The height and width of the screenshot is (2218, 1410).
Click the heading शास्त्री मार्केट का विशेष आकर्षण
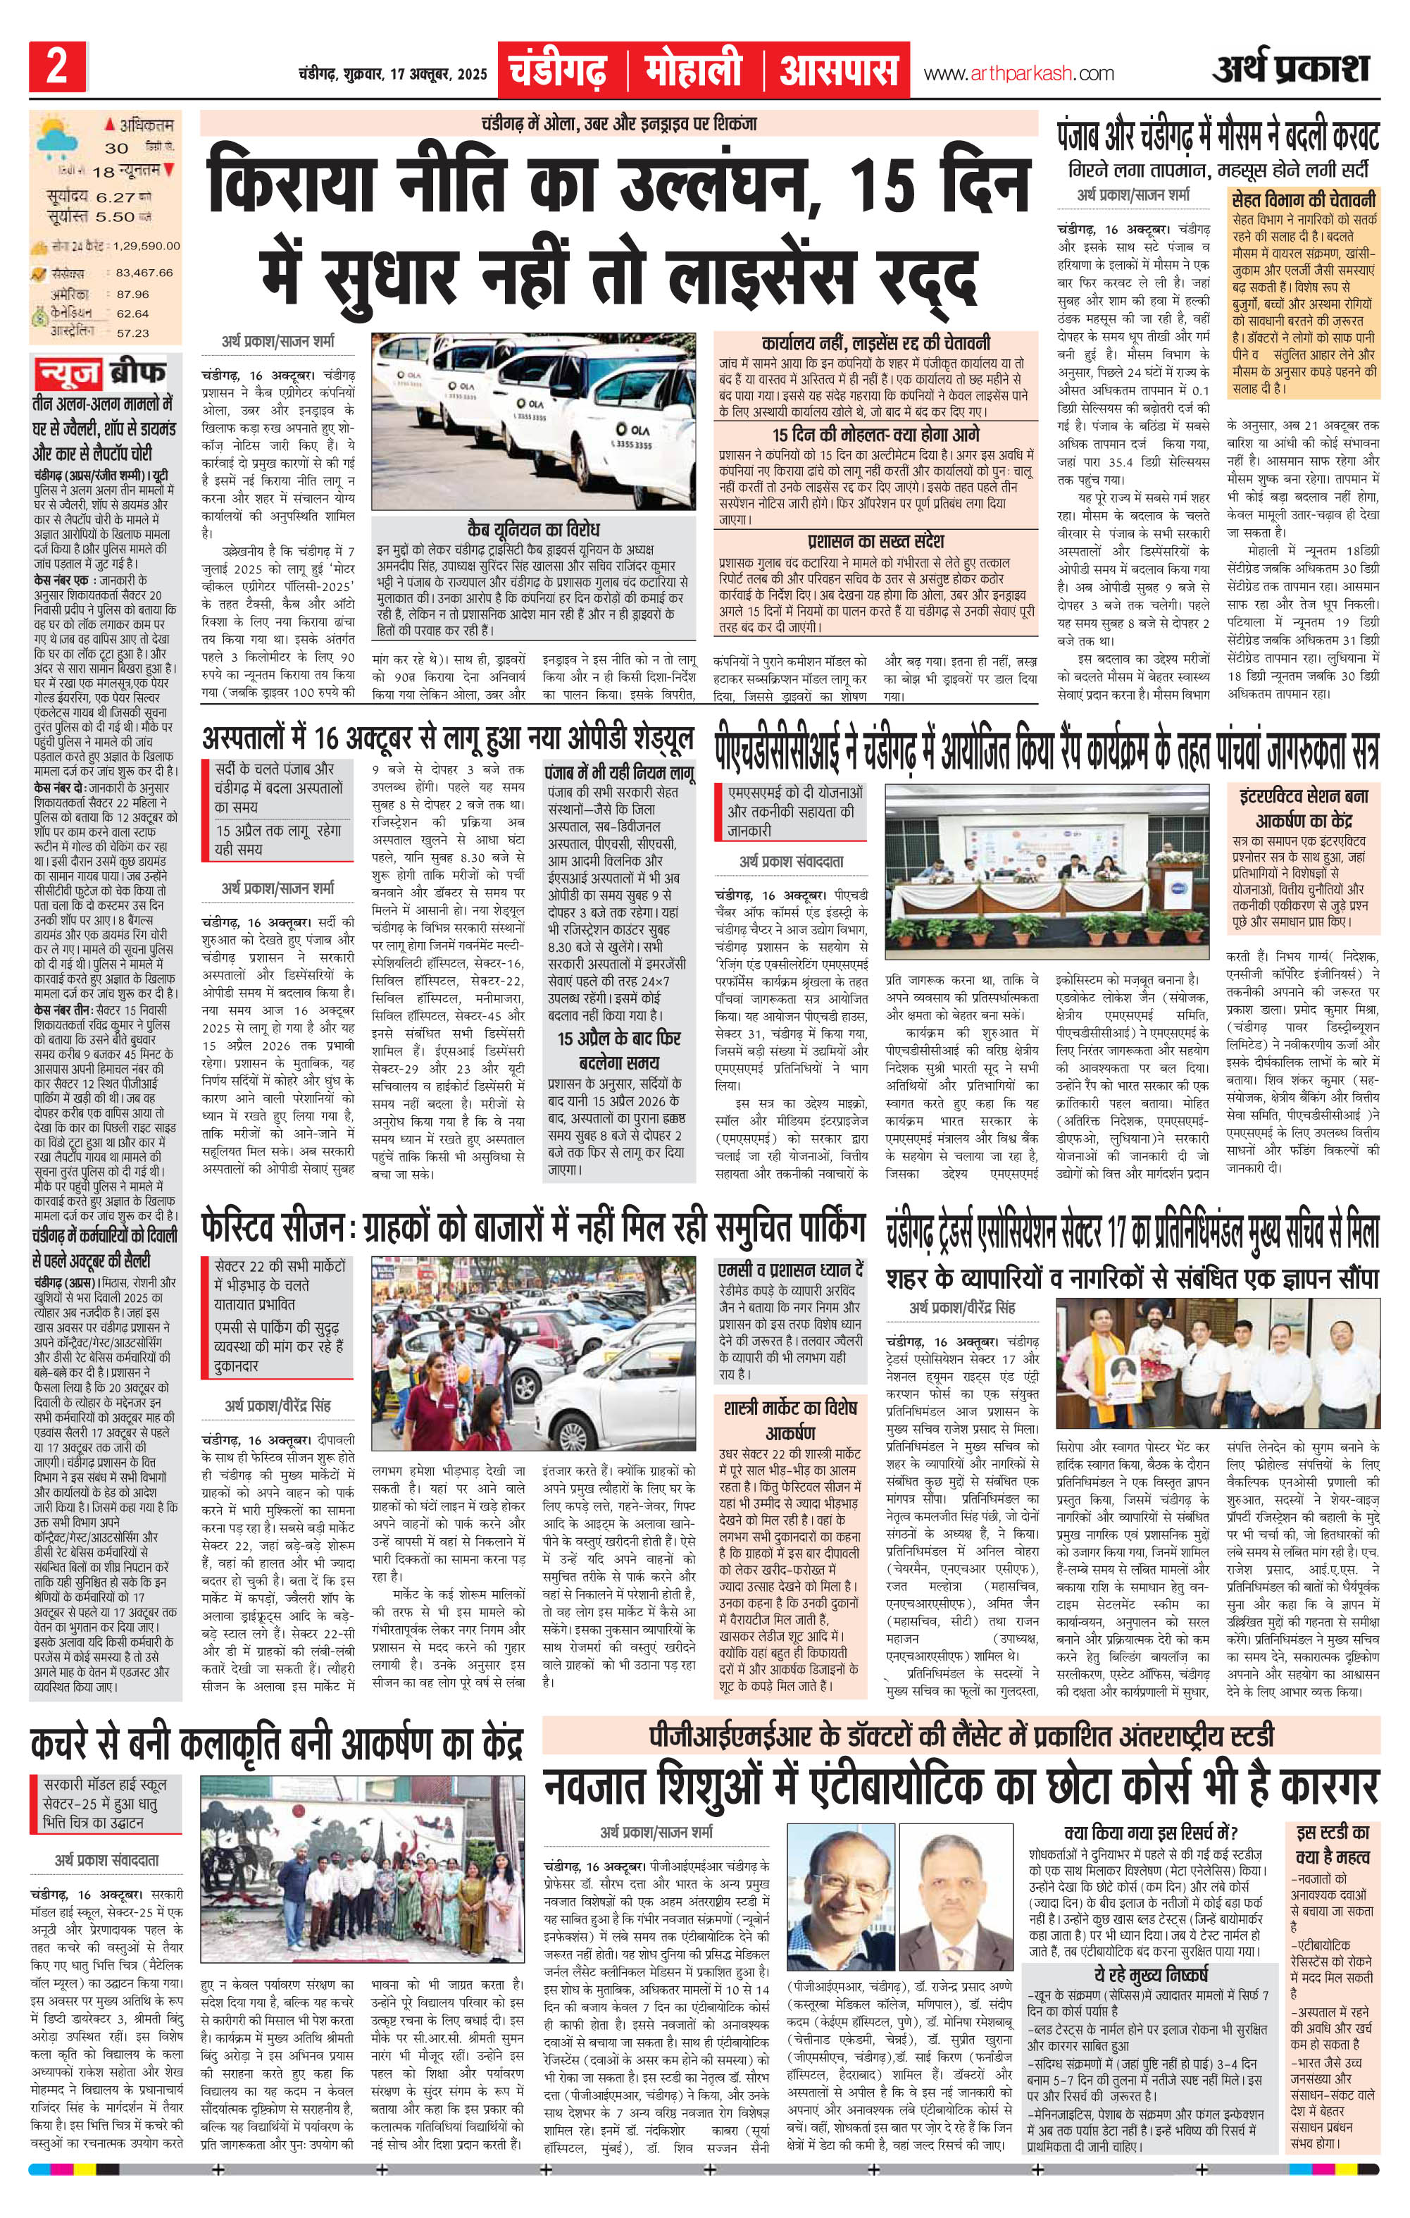pos(791,1420)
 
